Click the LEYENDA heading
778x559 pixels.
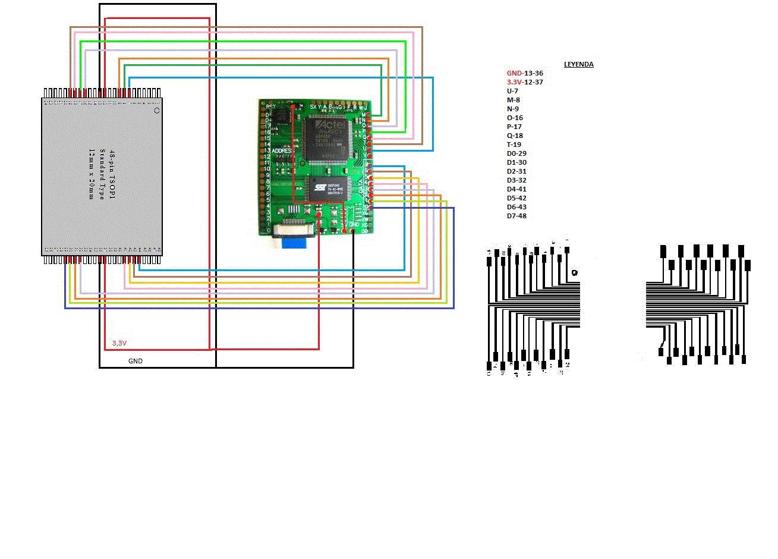pyautogui.click(x=578, y=64)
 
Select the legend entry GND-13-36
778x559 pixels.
pyautogui.click(x=525, y=73)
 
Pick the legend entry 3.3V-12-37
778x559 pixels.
pyautogui.click(x=525, y=82)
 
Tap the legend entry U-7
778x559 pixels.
pyautogui.click(x=512, y=91)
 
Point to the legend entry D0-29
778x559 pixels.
pyautogui.click(x=516, y=153)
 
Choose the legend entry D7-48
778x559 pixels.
pyautogui.click(x=516, y=216)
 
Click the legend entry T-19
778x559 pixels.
pyautogui.click(x=514, y=145)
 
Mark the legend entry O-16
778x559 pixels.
pyautogui.click(x=515, y=118)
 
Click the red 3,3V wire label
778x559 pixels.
pyautogui.click(x=119, y=343)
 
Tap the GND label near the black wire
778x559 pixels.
pyautogui.click(x=136, y=361)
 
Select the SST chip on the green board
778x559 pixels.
pyautogui.click(x=327, y=190)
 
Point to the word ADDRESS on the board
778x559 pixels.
pyautogui.click(x=282, y=150)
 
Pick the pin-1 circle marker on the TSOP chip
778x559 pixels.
pyautogui.click(x=157, y=111)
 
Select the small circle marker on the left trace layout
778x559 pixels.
pyautogui.click(x=574, y=273)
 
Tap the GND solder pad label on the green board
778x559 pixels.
pyautogui.click(x=355, y=224)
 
